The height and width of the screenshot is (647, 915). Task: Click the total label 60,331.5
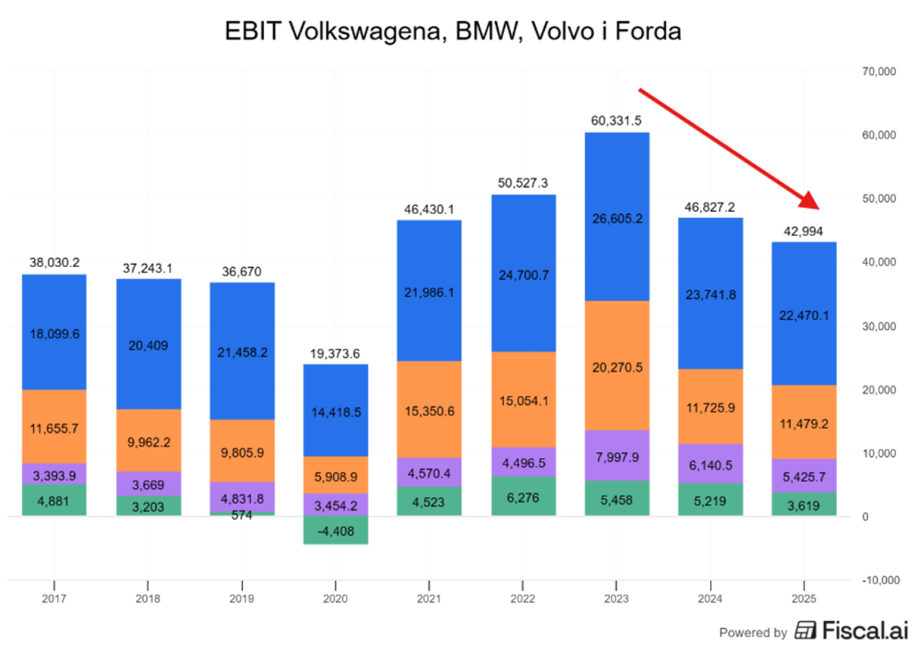617,121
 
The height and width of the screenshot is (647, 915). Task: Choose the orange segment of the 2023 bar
617,365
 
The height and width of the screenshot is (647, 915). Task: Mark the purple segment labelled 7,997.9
617,456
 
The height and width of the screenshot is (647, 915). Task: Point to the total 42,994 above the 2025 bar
805,231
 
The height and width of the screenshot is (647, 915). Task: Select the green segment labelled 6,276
523,496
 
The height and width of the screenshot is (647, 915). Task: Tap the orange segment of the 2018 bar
148,440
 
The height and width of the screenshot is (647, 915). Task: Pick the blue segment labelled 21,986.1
429,291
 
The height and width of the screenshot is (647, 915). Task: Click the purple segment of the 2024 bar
711,464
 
